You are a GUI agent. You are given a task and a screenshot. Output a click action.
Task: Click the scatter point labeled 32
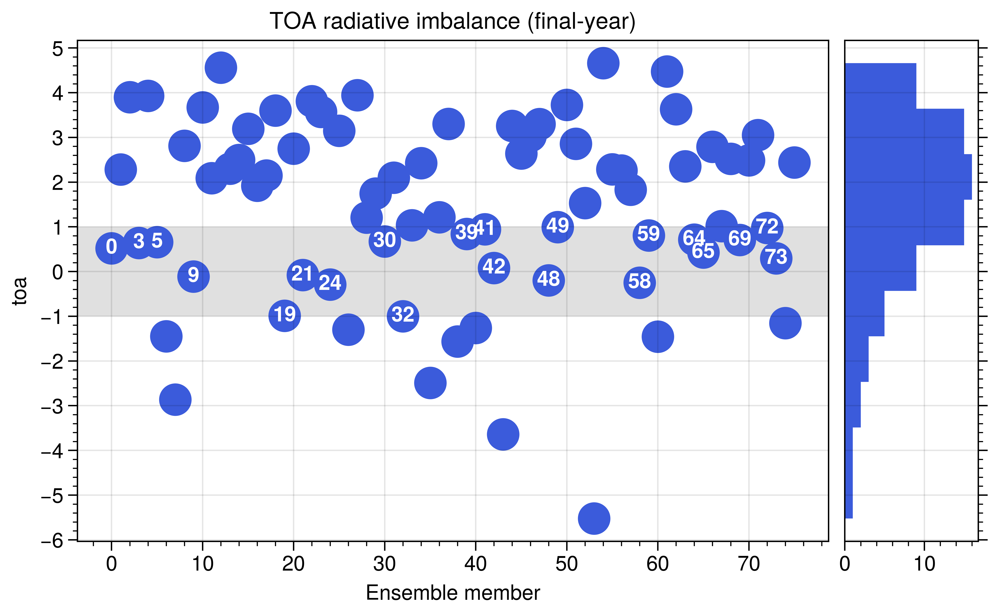(403, 316)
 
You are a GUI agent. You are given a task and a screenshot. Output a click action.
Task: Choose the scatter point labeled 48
(548, 280)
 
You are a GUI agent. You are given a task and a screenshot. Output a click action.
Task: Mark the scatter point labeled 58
(639, 282)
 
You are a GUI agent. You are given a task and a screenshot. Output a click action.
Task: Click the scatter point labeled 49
(558, 227)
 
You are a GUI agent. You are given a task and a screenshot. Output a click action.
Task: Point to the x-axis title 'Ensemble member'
(453, 593)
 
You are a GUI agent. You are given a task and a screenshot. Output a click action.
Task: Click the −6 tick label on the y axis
(52, 541)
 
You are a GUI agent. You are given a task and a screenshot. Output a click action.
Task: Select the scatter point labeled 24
(330, 284)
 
